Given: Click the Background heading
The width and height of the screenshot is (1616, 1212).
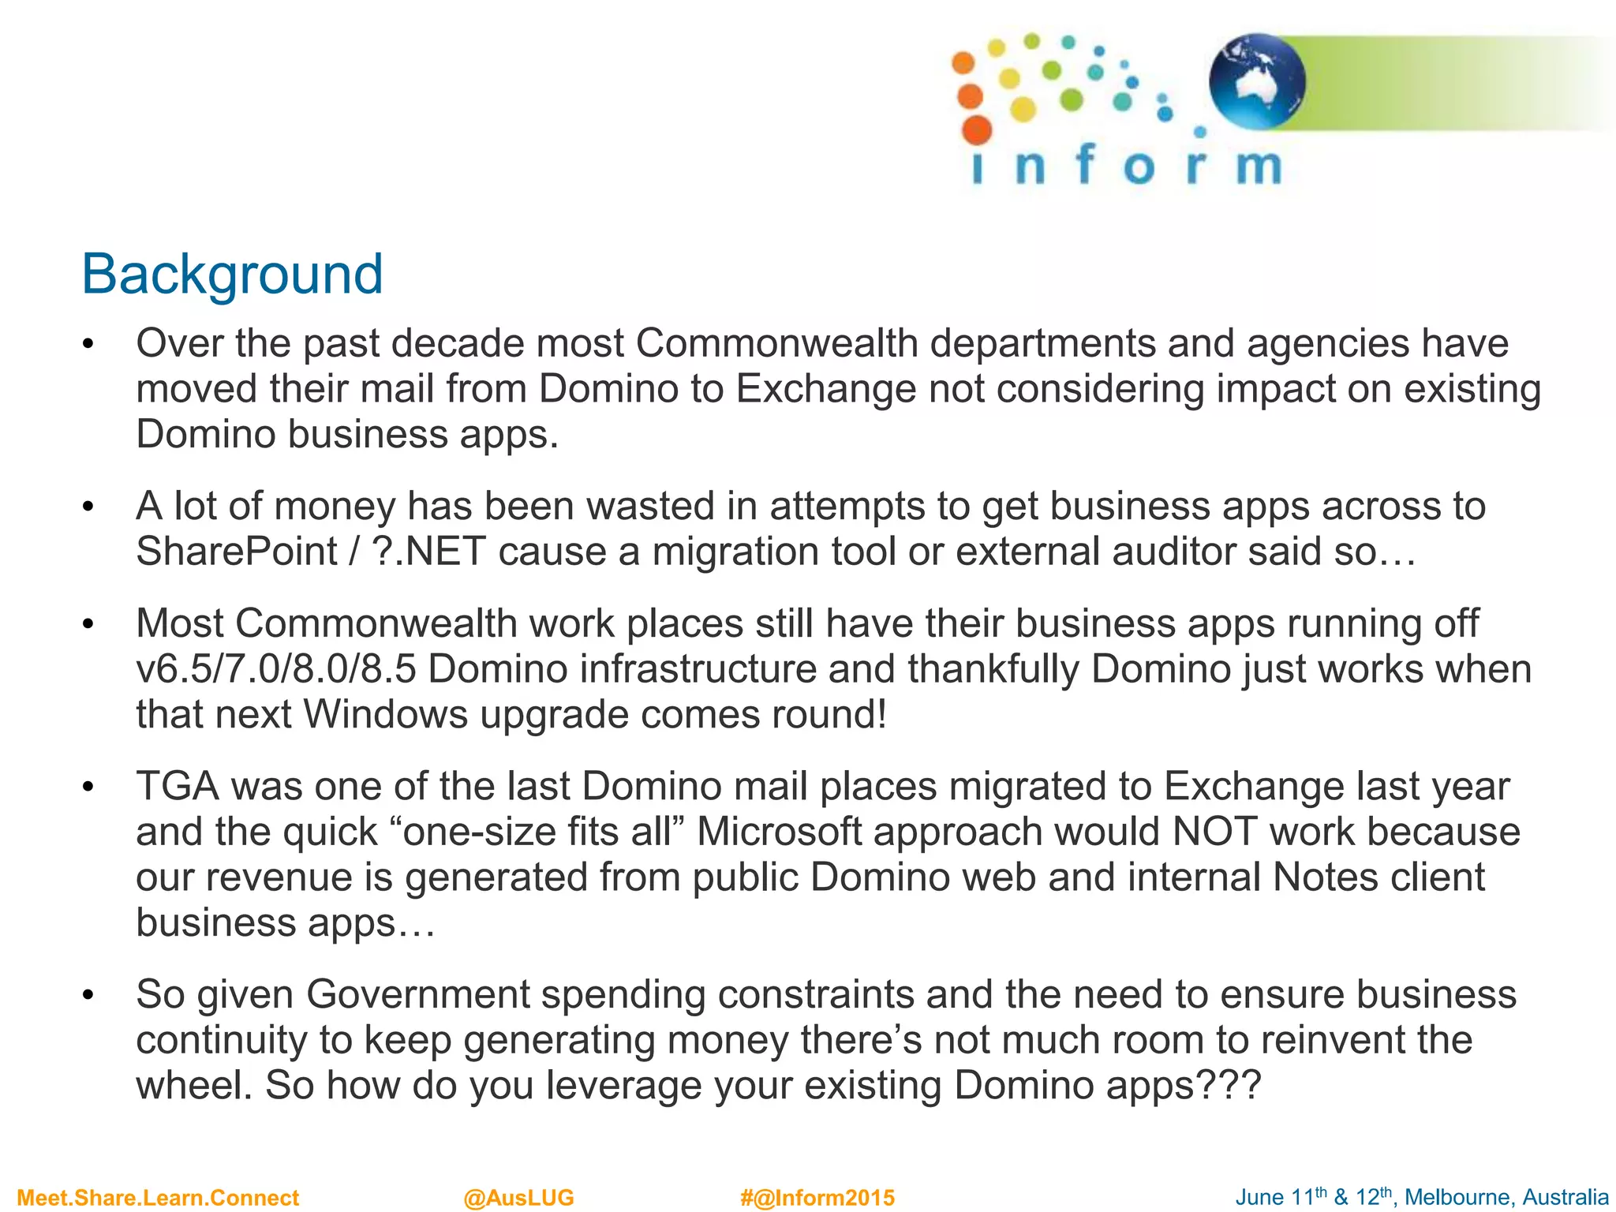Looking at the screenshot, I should coord(232,274).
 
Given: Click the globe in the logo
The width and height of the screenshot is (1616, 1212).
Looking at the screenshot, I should coord(1257,81).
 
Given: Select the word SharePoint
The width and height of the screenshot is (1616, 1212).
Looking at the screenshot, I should coord(237,551).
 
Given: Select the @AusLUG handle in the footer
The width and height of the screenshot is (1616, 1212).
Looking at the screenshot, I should coord(518,1198).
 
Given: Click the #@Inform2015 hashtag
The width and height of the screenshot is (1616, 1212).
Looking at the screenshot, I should coord(817,1198).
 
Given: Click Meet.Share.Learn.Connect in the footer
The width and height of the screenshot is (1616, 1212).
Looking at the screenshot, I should coord(158,1198).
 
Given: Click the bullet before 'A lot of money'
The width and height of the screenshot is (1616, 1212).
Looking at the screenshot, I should coord(88,507).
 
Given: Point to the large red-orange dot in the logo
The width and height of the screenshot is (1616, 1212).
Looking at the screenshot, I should coord(977,130).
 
